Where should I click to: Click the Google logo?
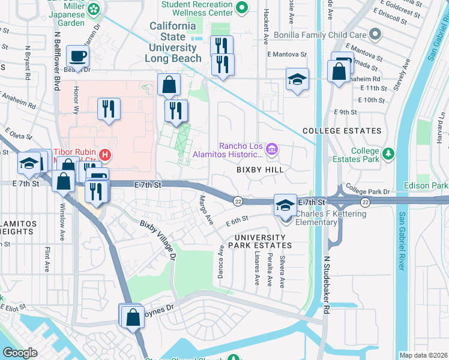point(20,353)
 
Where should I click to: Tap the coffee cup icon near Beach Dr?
point(77,57)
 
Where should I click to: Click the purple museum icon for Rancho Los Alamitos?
point(271,148)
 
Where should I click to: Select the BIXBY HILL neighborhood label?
point(259,170)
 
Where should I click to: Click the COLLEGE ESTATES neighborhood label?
point(342,131)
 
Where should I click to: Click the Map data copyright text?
point(423,355)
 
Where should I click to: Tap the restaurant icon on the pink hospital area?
point(109,109)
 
